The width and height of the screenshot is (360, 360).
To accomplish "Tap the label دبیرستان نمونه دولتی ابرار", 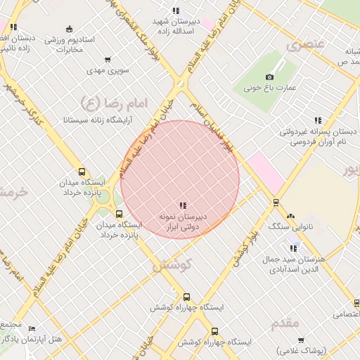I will (183, 223).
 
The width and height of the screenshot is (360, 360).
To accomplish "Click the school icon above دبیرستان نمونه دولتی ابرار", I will (183, 206).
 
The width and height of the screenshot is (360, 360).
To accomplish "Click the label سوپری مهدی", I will (105, 71).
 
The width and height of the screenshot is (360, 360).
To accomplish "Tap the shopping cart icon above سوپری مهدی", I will (107, 60).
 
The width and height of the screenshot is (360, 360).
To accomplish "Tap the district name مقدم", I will (285, 323).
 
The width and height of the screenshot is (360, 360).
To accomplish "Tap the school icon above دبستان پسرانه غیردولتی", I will (318, 120).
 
